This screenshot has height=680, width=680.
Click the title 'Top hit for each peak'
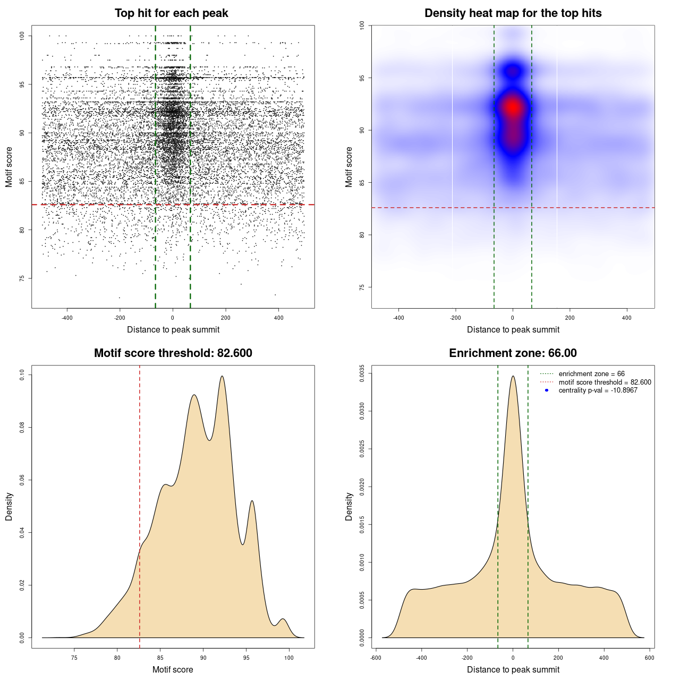171,13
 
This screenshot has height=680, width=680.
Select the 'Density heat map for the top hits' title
513,13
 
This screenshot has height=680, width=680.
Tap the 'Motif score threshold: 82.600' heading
173,353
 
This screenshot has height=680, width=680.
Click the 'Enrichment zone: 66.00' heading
513,353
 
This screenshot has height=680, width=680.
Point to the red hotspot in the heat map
512,107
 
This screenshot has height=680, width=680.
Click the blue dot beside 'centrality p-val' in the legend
547,390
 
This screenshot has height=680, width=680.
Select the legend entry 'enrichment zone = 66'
591,374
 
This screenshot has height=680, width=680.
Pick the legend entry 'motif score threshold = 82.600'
605,382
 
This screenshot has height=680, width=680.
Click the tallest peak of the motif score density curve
222,376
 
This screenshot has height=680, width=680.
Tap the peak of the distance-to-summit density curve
513,376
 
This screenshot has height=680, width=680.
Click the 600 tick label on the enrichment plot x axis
649,658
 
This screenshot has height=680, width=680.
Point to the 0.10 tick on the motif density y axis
22,375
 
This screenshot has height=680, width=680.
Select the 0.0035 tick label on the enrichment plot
362,373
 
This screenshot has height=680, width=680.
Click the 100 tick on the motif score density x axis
288,658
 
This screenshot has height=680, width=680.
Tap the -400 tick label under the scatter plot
67,318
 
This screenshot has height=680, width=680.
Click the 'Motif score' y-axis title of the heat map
349,167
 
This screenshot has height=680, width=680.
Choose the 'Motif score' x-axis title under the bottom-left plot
173,669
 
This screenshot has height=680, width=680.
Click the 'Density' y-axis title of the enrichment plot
349,506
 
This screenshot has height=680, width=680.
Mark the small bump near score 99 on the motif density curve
283,619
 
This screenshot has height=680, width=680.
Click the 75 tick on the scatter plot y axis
22,278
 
